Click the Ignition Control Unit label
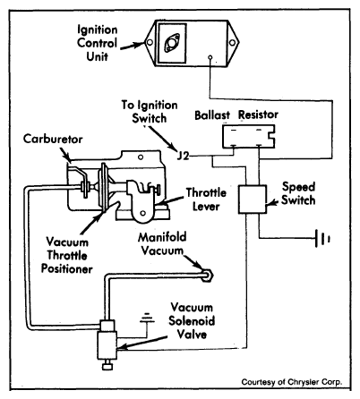[97, 43]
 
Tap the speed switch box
[253, 199]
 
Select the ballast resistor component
[249, 136]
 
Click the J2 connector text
[183, 156]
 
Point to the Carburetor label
[53, 139]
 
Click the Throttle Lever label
[206, 199]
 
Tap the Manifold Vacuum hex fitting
[207, 276]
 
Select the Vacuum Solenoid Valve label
[192, 320]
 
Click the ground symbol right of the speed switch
[322, 239]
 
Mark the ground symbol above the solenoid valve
[147, 318]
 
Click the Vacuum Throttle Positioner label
[67, 255]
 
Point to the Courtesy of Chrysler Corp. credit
[292, 382]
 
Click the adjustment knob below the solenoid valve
[107, 366]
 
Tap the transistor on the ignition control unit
[172, 44]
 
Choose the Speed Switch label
[298, 193]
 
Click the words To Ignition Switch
[150, 112]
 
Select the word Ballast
[212, 115]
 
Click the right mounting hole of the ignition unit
[232, 43]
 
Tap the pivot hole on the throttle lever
[143, 213]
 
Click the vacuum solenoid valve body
[107, 344]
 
